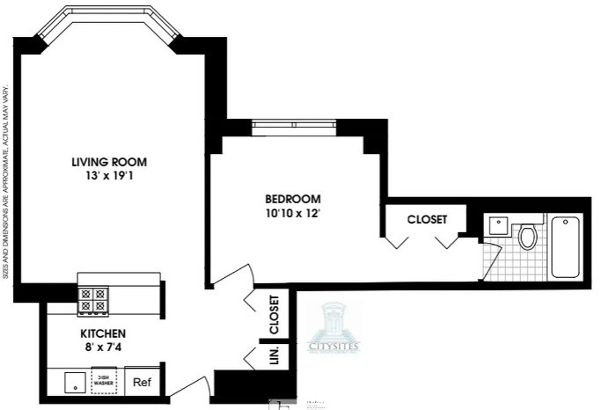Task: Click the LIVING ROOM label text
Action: click(x=109, y=162)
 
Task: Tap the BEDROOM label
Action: click(x=292, y=199)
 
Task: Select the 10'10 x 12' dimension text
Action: click(x=292, y=213)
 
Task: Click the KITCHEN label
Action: click(x=104, y=334)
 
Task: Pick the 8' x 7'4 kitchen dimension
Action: click(x=104, y=348)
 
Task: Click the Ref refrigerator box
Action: click(x=141, y=383)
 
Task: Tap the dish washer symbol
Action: click(x=105, y=383)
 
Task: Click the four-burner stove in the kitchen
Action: click(x=93, y=301)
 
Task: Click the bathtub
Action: click(x=562, y=246)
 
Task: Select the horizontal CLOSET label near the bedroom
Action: click(x=427, y=219)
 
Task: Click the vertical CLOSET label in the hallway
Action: click(x=274, y=314)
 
